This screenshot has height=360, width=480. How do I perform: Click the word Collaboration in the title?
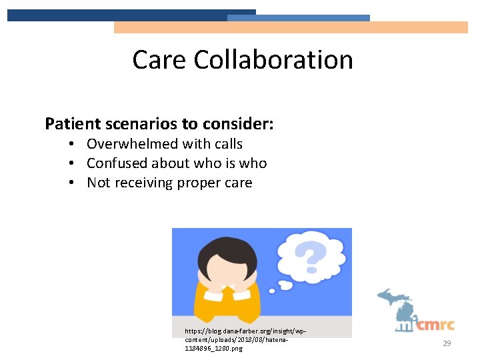coord(273,60)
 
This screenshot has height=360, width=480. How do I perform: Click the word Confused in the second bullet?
coord(117,163)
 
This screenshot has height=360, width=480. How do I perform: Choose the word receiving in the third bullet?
coord(143,183)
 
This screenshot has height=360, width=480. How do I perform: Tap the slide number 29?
coord(447,343)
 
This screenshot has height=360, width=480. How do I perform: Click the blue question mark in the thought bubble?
coord(310,256)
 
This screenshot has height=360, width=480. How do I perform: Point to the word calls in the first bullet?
coord(227,144)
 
